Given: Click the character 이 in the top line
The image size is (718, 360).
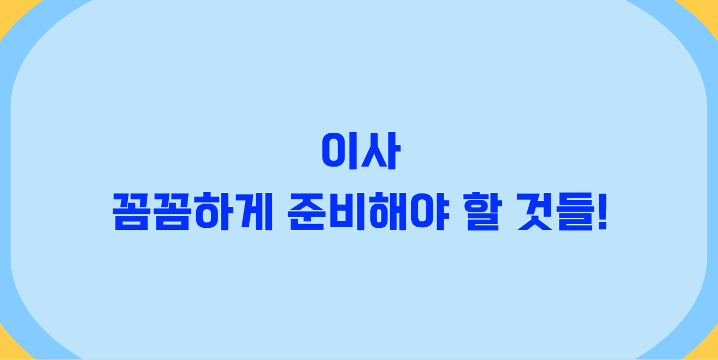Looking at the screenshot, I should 340,152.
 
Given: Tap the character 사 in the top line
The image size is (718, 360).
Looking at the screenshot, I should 378,152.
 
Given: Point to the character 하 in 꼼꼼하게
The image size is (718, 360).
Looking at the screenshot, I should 207,212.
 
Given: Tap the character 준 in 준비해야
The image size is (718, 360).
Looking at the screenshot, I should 306,212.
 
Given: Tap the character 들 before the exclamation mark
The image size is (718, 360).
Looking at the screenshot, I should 575,212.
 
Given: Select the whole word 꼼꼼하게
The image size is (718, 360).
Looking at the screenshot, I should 188,212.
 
